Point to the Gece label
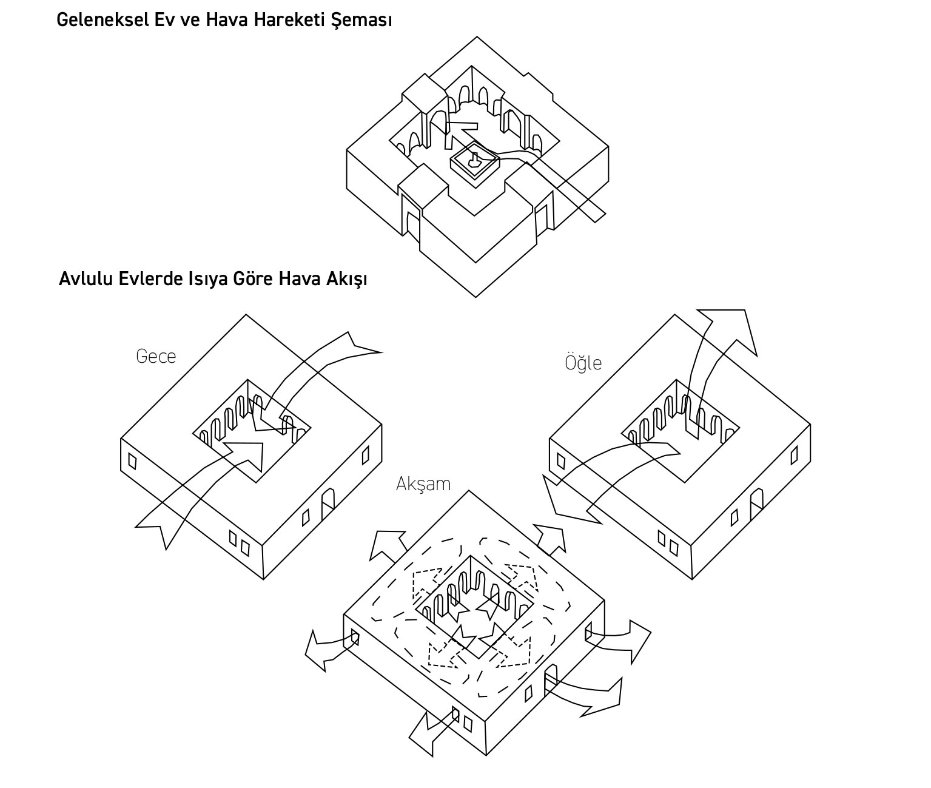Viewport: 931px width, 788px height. (156, 356)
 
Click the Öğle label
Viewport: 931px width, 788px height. (583, 363)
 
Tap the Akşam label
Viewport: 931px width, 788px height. (423, 484)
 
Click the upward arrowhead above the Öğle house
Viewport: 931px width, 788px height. (728, 328)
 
